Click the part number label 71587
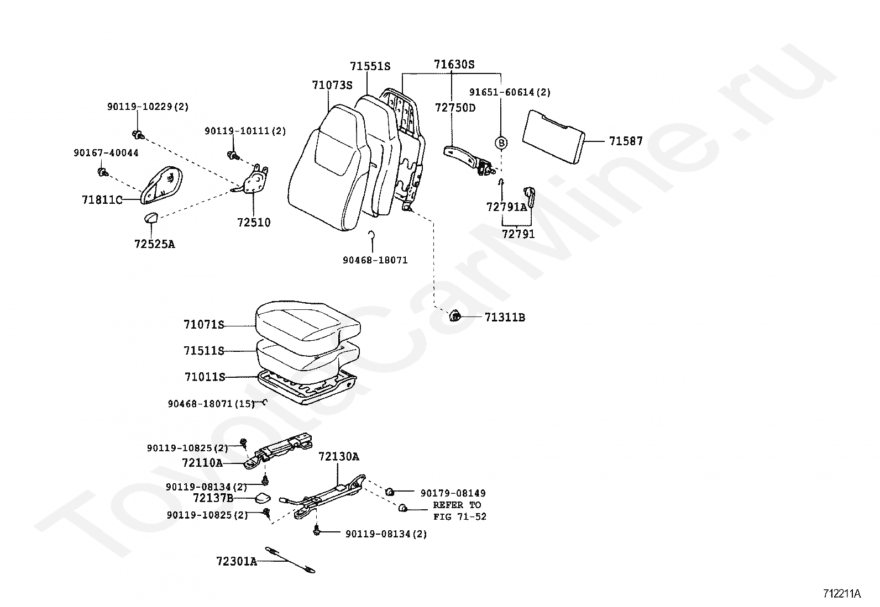(626, 141)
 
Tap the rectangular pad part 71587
(553, 136)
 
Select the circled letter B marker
(501, 142)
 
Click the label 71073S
(332, 85)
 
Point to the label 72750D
(455, 108)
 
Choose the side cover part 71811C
(161, 185)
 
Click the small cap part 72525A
(151, 217)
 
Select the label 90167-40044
(106, 153)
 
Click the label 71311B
(505, 317)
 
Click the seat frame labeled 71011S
(307, 387)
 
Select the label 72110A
(202, 463)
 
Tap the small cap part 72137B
(263, 498)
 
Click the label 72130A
(339, 457)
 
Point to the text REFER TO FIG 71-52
(460, 511)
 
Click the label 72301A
(237, 562)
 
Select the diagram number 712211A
(842, 594)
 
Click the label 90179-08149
(453, 493)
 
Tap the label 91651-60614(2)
(510, 92)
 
